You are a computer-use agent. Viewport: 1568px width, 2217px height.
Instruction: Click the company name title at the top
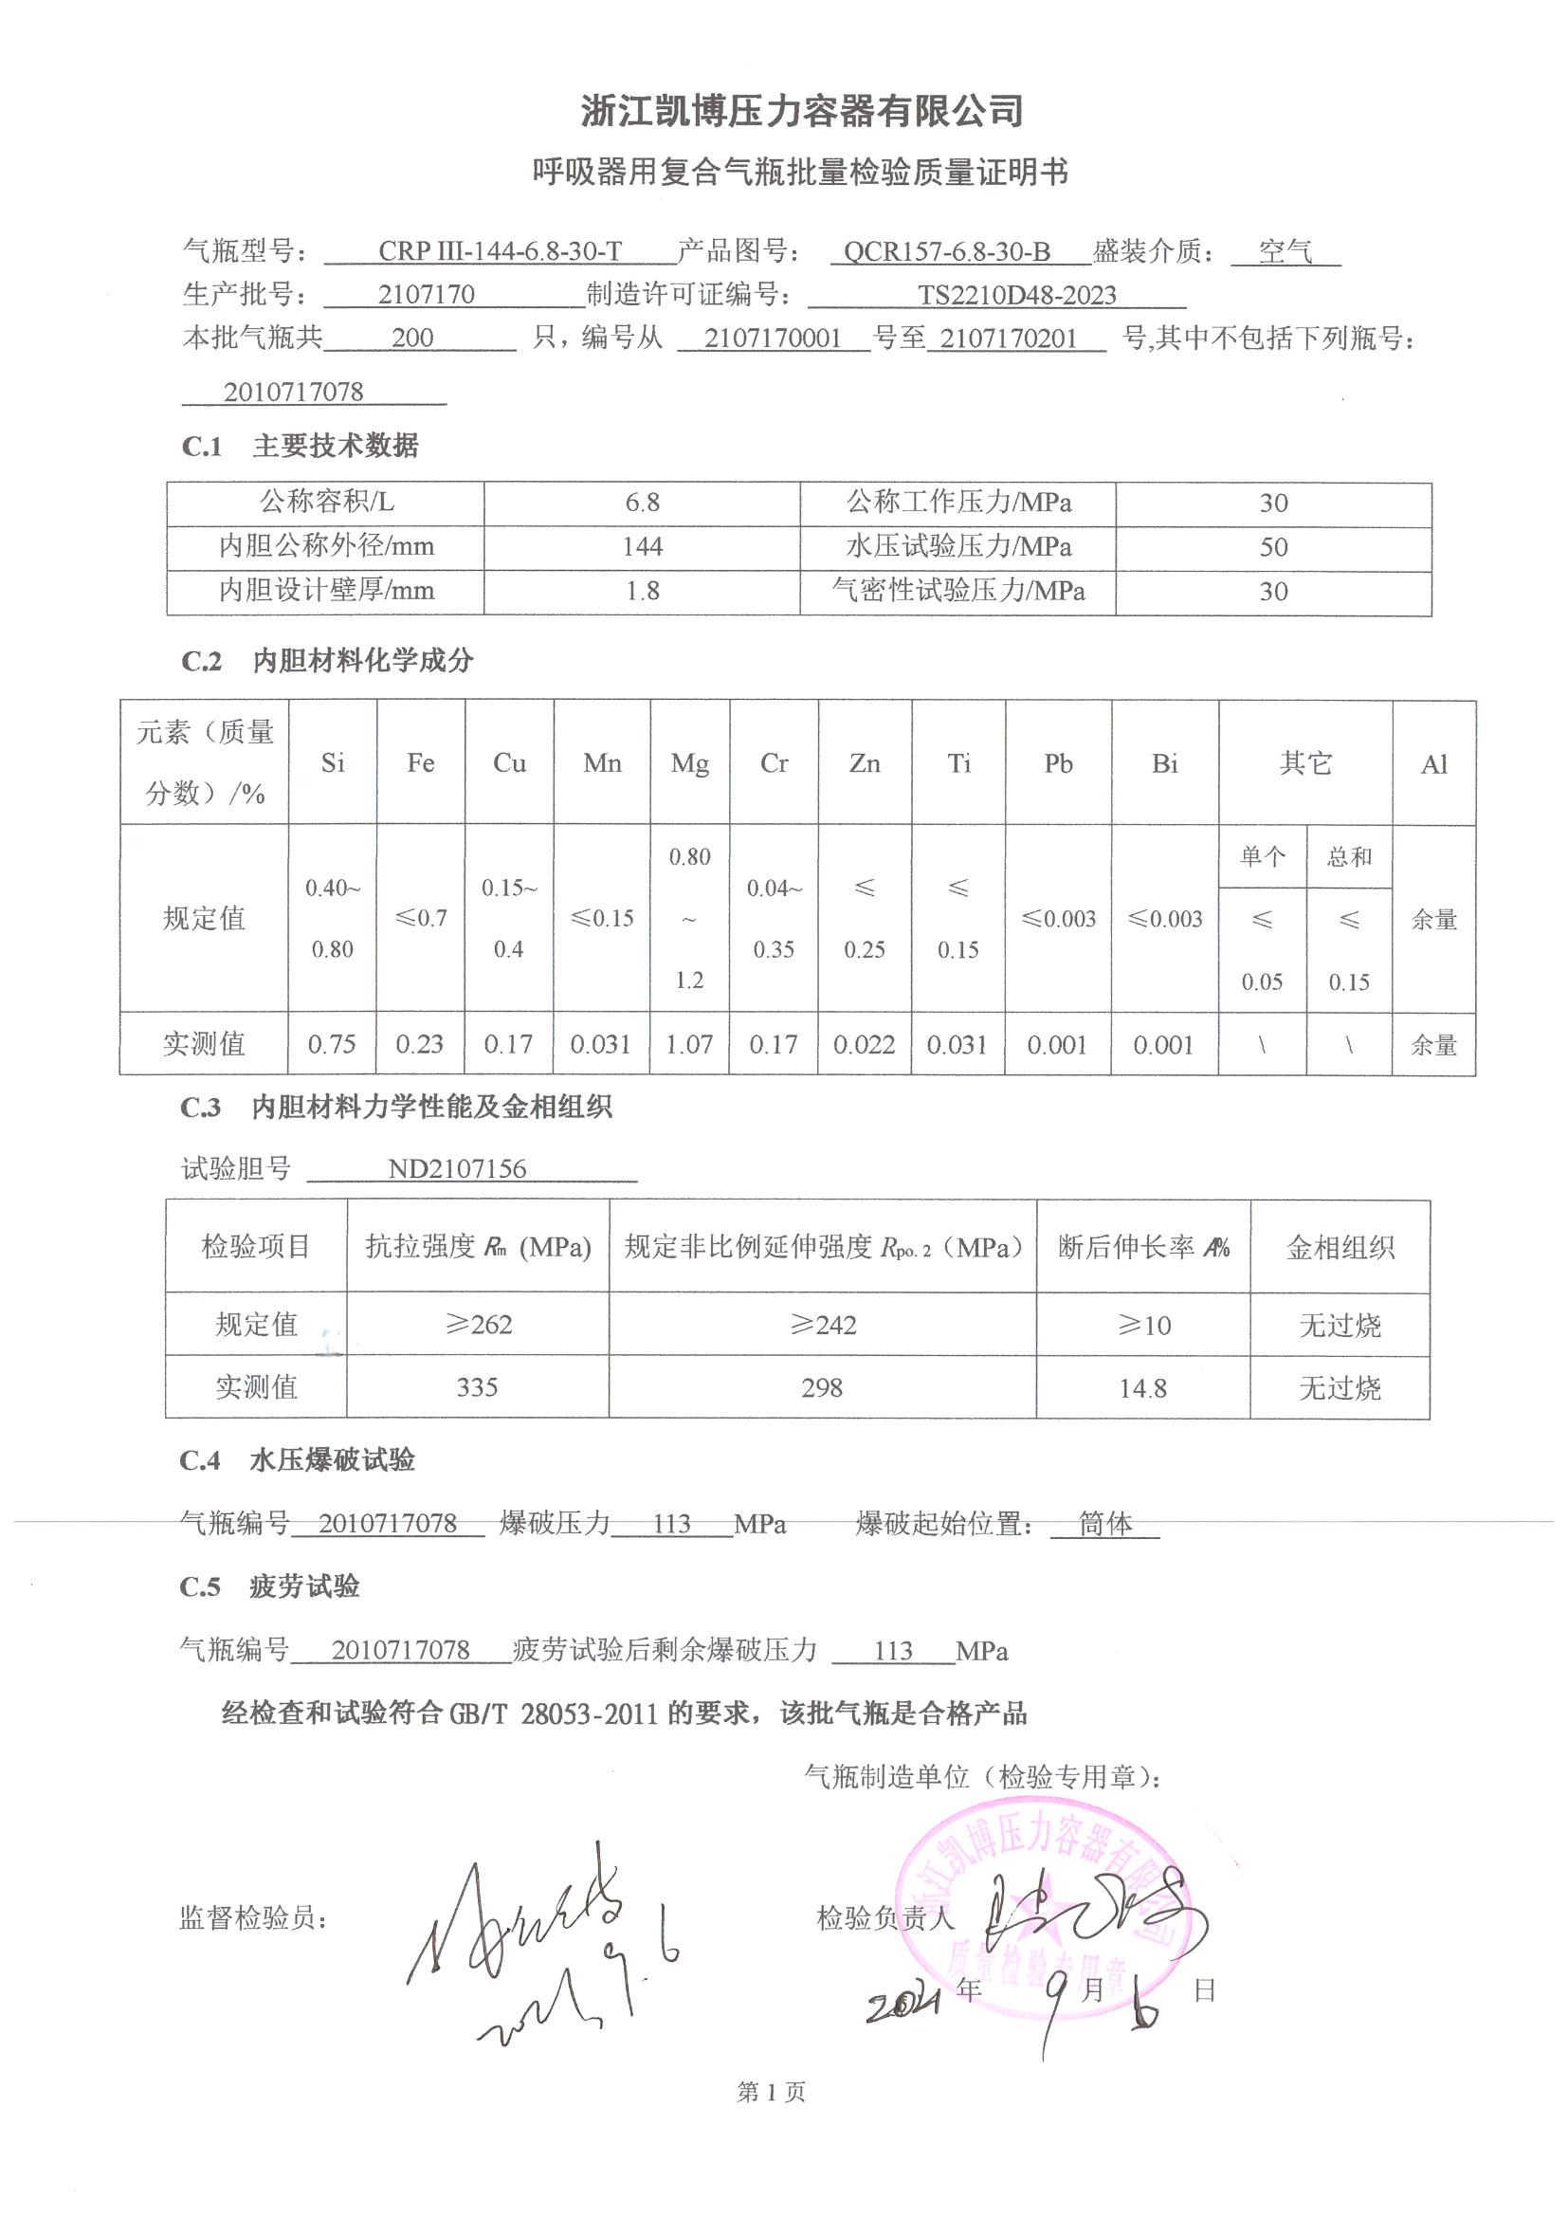pos(801,111)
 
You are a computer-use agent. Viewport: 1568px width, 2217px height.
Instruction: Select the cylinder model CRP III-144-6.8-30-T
pos(500,251)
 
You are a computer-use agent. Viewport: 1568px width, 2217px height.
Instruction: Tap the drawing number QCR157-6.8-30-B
pos(946,252)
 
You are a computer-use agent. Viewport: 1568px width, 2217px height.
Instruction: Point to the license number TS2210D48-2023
pos(1016,295)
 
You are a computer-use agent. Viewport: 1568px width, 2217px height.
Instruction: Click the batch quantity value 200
pos(412,338)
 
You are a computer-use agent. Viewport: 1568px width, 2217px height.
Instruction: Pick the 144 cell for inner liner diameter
pos(642,546)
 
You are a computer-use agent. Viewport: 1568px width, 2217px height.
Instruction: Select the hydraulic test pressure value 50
pos(1272,546)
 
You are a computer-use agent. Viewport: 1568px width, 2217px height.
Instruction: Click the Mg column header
pos(689,762)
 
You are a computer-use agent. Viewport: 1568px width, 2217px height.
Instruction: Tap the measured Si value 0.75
pos(331,1044)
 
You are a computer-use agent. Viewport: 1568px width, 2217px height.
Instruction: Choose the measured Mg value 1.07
pos(689,1044)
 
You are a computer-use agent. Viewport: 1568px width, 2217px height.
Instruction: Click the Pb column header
pos(1058,762)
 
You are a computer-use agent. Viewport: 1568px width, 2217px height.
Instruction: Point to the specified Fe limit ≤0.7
pos(421,917)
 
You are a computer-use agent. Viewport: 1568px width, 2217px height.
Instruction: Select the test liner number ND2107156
pos(457,1168)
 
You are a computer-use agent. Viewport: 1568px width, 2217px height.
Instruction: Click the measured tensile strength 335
pos(477,1387)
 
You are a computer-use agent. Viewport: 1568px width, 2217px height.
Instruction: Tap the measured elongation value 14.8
pos(1143,1388)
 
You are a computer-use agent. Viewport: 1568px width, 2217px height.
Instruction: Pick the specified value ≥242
pos(823,1325)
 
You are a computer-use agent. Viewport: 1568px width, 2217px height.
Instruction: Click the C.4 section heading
pos(298,1460)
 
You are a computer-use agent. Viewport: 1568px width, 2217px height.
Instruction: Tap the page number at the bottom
pos(771,2093)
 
